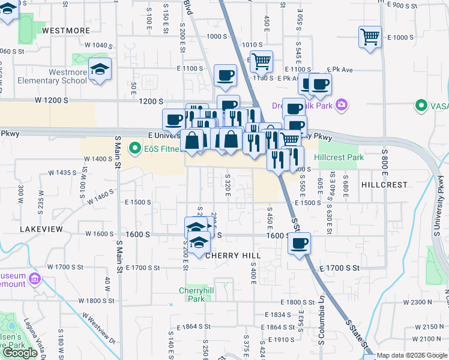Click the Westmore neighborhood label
coord(66,30)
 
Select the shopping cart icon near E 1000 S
coord(370,37)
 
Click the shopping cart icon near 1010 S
coord(261,61)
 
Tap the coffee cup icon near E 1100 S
coord(226,75)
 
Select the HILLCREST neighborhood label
coord(385,185)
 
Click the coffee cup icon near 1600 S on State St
coord(299,244)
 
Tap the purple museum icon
coord(34,280)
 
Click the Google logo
coord(20,353)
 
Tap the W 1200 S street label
coord(51,100)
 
